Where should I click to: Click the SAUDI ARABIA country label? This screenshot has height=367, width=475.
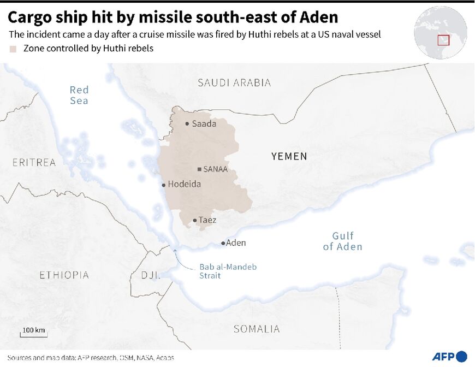point(234,83)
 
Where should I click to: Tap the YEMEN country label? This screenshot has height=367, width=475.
point(289,157)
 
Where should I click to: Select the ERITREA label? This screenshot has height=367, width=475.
point(34,162)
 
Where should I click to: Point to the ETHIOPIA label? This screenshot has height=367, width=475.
point(64,275)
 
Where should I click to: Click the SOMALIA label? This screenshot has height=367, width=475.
point(257,329)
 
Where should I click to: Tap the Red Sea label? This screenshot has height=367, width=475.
point(79,95)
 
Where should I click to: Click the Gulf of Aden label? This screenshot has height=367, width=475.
point(342,241)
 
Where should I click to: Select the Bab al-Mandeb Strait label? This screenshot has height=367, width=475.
point(228,271)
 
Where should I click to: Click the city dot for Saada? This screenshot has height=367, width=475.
point(187,124)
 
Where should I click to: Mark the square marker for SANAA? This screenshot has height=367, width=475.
point(199,169)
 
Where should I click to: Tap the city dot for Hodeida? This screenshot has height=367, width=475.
point(164,185)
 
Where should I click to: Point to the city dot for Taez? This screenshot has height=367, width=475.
point(195,221)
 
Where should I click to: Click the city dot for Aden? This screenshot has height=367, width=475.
point(223,243)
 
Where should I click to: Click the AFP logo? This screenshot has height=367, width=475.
point(449,356)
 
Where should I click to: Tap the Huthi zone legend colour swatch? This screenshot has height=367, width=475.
point(13,49)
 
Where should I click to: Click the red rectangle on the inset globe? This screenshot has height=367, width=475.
point(443,40)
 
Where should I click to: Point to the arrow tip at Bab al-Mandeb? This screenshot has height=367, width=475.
point(175,250)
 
